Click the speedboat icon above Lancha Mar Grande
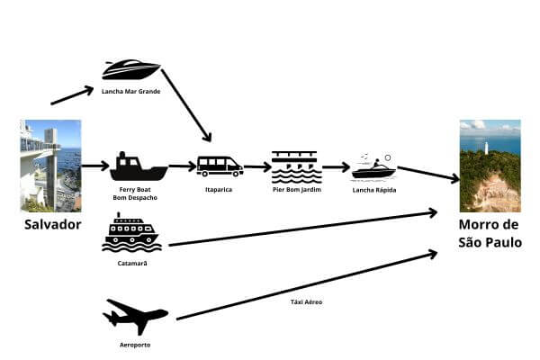pyautogui.click(x=131, y=69)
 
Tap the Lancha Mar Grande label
pyautogui.click(x=131, y=91)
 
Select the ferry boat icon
pyautogui.click(x=139, y=166)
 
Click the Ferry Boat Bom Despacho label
pyautogui.click(x=138, y=193)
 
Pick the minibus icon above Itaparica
pyautogui.click(x=220, y=166)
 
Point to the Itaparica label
pyautogui.click(x=219, y=189)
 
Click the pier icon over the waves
pyautogui.click(x=295, y=166)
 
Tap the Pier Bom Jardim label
pyautogui.click(x=295, y=189)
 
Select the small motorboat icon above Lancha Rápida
pyautogui.click(x=373, y=167)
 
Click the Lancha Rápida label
pyautogui.click(x=373, y=189)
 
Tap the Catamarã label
pyautogui.click(x=132, y=263)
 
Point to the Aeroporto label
pyautogui.click(x=135, y=345)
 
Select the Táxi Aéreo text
pyautogui.click(x=307, y=302)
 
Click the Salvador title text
pyautogui.click(x=50, y=224)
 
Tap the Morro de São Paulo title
pyautogui.click(x=489, y=232)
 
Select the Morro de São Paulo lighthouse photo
pyautogui.click(x=490, y=166)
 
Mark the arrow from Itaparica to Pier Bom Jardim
pyautogui.click(x=257, y=166)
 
